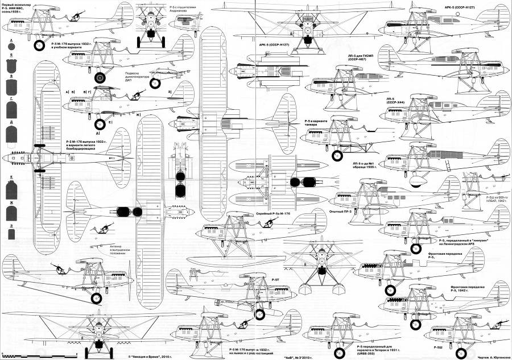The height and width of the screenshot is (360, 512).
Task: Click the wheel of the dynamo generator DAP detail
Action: tap(154, 84)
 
